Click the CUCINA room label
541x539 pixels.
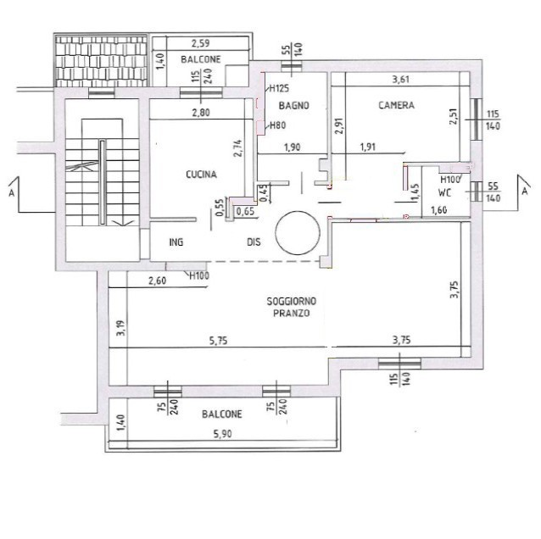[x=202, y=175]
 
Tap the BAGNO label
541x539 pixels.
[x=294, y=106]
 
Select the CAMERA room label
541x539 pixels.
[x=397, y=105]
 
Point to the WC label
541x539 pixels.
[x=444, y=192]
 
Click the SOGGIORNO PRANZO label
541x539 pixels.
[x=292, y=308]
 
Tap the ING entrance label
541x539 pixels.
[x=176, y=242]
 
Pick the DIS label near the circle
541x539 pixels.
[x=254, y=242]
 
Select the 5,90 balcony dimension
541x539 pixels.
[x=222, y=434]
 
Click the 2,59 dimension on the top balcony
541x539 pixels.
[x=200, y=43]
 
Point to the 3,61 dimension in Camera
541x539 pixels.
[x=401, y=80]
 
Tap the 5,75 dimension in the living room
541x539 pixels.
[x=219, y=341]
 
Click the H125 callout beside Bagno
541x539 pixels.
[x=279, y=89]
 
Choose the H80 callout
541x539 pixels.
[x=278, y=125]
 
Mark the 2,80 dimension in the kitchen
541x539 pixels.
[x=201, y=113]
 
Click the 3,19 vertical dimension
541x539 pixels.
[x=121, y=328]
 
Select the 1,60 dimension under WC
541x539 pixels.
[x=439, y=210]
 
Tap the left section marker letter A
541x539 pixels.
[x=11, y=193]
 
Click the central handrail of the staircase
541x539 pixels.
[x=103, y=182]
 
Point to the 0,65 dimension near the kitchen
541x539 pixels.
[x=245, y=211]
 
